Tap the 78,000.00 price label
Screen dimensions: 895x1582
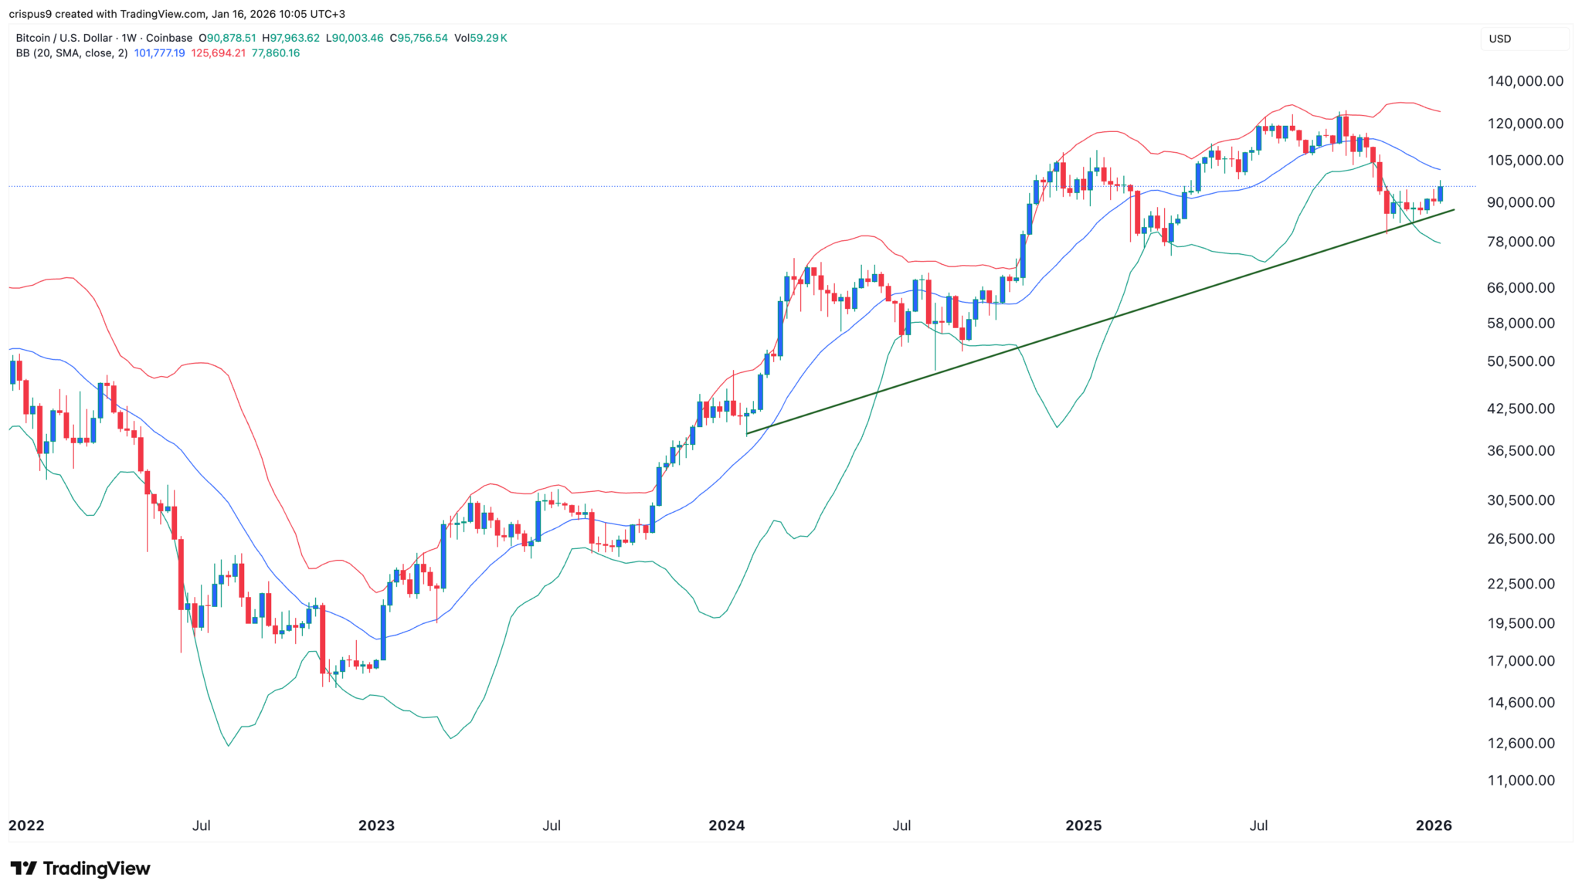(1520, 242)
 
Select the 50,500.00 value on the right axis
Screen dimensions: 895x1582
(1520, 361)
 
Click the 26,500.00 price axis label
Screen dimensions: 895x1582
(1520, 539)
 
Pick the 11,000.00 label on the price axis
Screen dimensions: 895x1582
(1520, 781)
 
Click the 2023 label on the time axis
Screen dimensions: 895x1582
(376, 826)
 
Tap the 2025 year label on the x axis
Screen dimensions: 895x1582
(1083, 826)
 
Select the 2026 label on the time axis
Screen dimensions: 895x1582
(1434, 826)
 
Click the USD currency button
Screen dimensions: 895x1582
(1500, 39)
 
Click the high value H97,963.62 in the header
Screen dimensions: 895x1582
(290, 38)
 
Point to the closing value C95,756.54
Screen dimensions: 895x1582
(418, 38)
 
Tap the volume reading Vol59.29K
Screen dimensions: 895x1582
(480, 38)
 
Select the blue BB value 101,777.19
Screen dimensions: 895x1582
(159, 53)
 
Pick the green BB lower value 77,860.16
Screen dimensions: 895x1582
(276, 53)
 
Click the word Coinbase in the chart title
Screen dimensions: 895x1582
(169, 38)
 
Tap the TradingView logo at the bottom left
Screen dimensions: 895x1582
(80, 869)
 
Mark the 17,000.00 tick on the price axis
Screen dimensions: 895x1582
(1520, 661)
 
